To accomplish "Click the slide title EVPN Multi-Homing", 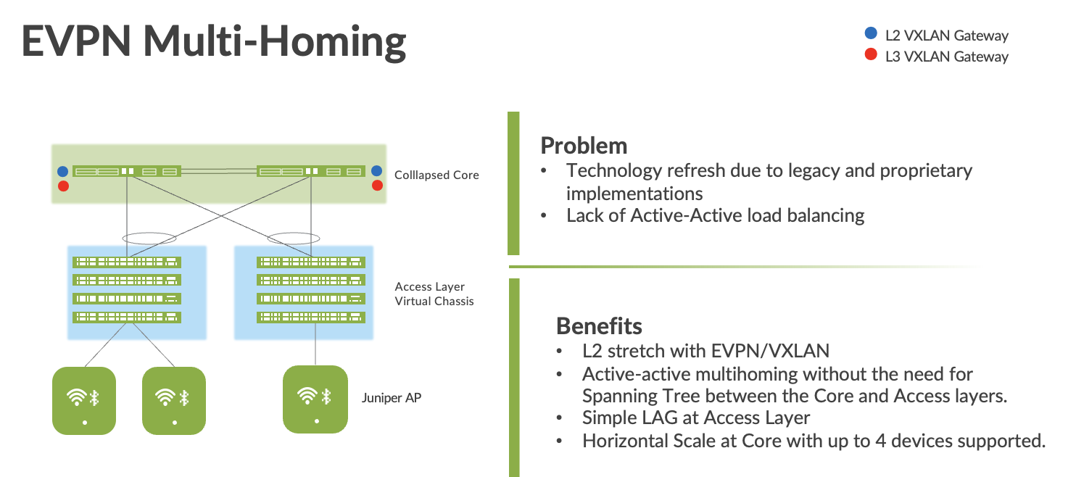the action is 214,42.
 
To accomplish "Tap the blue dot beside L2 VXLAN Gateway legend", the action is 871,33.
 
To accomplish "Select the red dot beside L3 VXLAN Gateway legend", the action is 871,54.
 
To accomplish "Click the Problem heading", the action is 584,146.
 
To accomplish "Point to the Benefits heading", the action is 599,326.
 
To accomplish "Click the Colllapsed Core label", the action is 436,175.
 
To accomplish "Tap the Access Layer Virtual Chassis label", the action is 434,294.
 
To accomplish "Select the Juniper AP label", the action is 392,398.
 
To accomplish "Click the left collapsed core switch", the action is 127,171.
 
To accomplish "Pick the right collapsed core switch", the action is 311,171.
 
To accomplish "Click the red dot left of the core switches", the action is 63,186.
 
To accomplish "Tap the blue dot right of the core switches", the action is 376,170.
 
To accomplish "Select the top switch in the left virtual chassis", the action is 127,262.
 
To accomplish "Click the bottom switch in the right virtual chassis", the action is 311,317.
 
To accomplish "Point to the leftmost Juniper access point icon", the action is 84,401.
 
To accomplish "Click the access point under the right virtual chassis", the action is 315,399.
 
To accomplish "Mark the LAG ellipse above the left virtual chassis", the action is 149,233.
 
